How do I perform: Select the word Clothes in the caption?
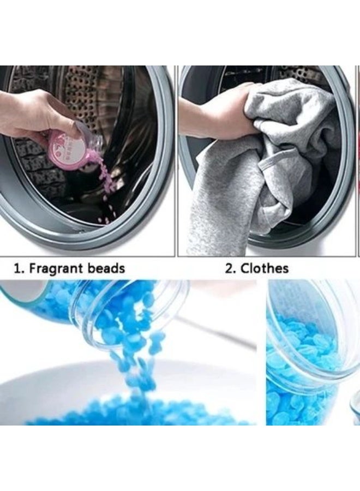click(265, 268)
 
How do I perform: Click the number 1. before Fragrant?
click(19, 268)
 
